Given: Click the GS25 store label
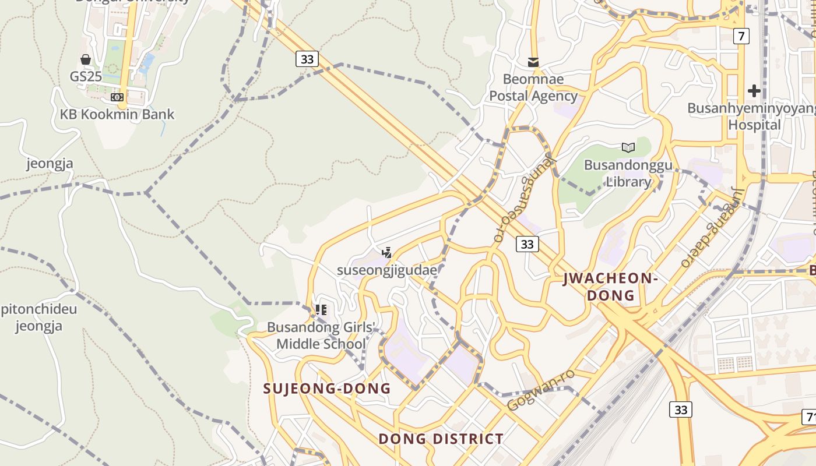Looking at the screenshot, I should [x=86, y=76].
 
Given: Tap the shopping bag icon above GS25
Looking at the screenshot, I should [x=86, y=59].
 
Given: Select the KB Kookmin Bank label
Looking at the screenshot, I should [x=117, y=114].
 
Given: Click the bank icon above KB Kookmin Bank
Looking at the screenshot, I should [x=117, y=97].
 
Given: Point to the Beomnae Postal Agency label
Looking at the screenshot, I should [x=533, y=87].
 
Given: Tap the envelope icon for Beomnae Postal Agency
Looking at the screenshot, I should [x=533, y=62].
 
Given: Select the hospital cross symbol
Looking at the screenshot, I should [x=754, y=91].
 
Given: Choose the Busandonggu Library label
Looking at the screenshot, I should [x=628, y=173].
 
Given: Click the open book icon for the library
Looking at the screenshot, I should [x=628, y=147].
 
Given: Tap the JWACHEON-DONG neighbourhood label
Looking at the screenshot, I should [x=610, y=287].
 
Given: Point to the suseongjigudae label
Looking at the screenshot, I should [x=387, y=270].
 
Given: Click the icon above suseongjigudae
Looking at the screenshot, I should [x=386, y=253].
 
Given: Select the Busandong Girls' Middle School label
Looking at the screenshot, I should [x=321, y=336].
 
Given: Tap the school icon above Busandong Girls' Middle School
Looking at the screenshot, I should [x=321, y=310].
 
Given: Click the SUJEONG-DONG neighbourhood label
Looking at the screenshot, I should [x=327, y=389].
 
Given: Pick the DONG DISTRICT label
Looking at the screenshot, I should [x=441, y=439].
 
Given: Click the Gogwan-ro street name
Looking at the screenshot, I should [x=540, y=390].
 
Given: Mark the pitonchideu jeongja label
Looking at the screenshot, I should [x=38, y=317].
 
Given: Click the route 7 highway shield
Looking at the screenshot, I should [x=741, y=36].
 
